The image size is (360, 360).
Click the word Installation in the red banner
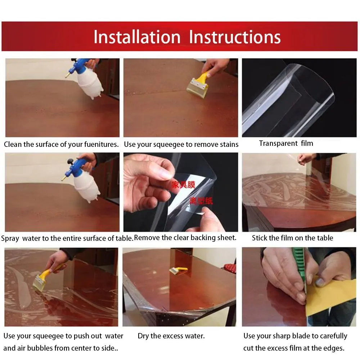coord(137,37)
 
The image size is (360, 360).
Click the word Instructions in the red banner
coord(235,37)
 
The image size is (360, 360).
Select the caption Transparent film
coord(286,143)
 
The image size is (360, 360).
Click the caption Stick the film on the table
coord(292,238)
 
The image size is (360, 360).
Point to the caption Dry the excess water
coord(171,336)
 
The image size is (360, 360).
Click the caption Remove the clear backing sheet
coord(185,238)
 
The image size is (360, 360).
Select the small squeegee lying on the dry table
coord(178,270)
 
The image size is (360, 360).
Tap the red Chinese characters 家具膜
coord(183,185)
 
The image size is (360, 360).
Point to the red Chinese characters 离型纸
coord(201,201)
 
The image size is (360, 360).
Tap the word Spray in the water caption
coord(10,238)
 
